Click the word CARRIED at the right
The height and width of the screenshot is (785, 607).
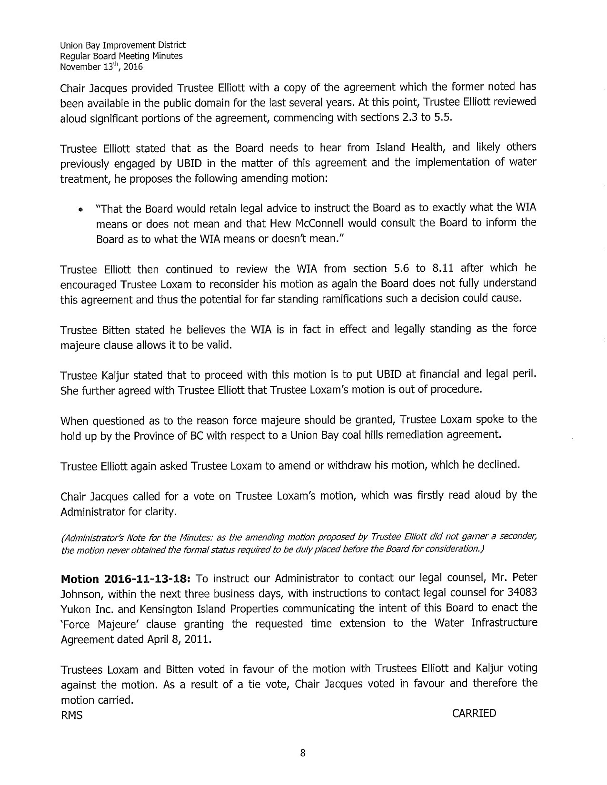474,713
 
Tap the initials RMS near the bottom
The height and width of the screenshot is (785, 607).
71,715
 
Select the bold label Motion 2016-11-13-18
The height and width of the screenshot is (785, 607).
125,579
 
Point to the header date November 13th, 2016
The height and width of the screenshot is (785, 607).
101,67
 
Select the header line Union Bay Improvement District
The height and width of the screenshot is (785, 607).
122,46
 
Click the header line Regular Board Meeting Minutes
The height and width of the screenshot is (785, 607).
121,56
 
